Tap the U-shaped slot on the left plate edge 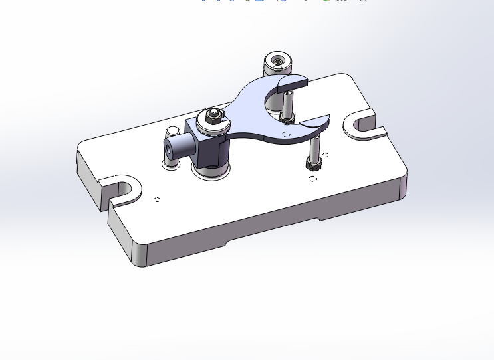pos(120,189)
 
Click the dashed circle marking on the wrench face pos(286,135)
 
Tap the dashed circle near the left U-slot pos(157,199)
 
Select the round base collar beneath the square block pos(211,171)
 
